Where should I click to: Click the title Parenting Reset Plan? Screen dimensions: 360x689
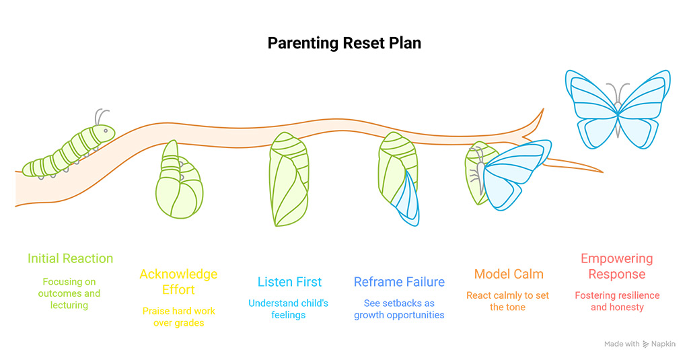coord(344,43)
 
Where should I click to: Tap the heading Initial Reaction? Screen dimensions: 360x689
coord(70,258)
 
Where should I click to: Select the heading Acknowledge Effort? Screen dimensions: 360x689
coord(178,282)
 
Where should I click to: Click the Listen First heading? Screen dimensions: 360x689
coord(289,282)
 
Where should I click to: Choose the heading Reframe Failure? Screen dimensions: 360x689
coord(399,282)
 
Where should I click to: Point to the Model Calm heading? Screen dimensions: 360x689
coord(509,274)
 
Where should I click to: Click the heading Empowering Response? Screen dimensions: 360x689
coord(617,266)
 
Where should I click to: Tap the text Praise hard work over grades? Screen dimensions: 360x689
coord(178,317)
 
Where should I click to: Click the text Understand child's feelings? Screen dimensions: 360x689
coord(289,309)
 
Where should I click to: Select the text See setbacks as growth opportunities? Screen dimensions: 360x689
coord(399,309)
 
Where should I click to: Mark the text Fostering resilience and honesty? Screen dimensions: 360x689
coord(617,301)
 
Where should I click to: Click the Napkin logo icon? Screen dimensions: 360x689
coord(647,344)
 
